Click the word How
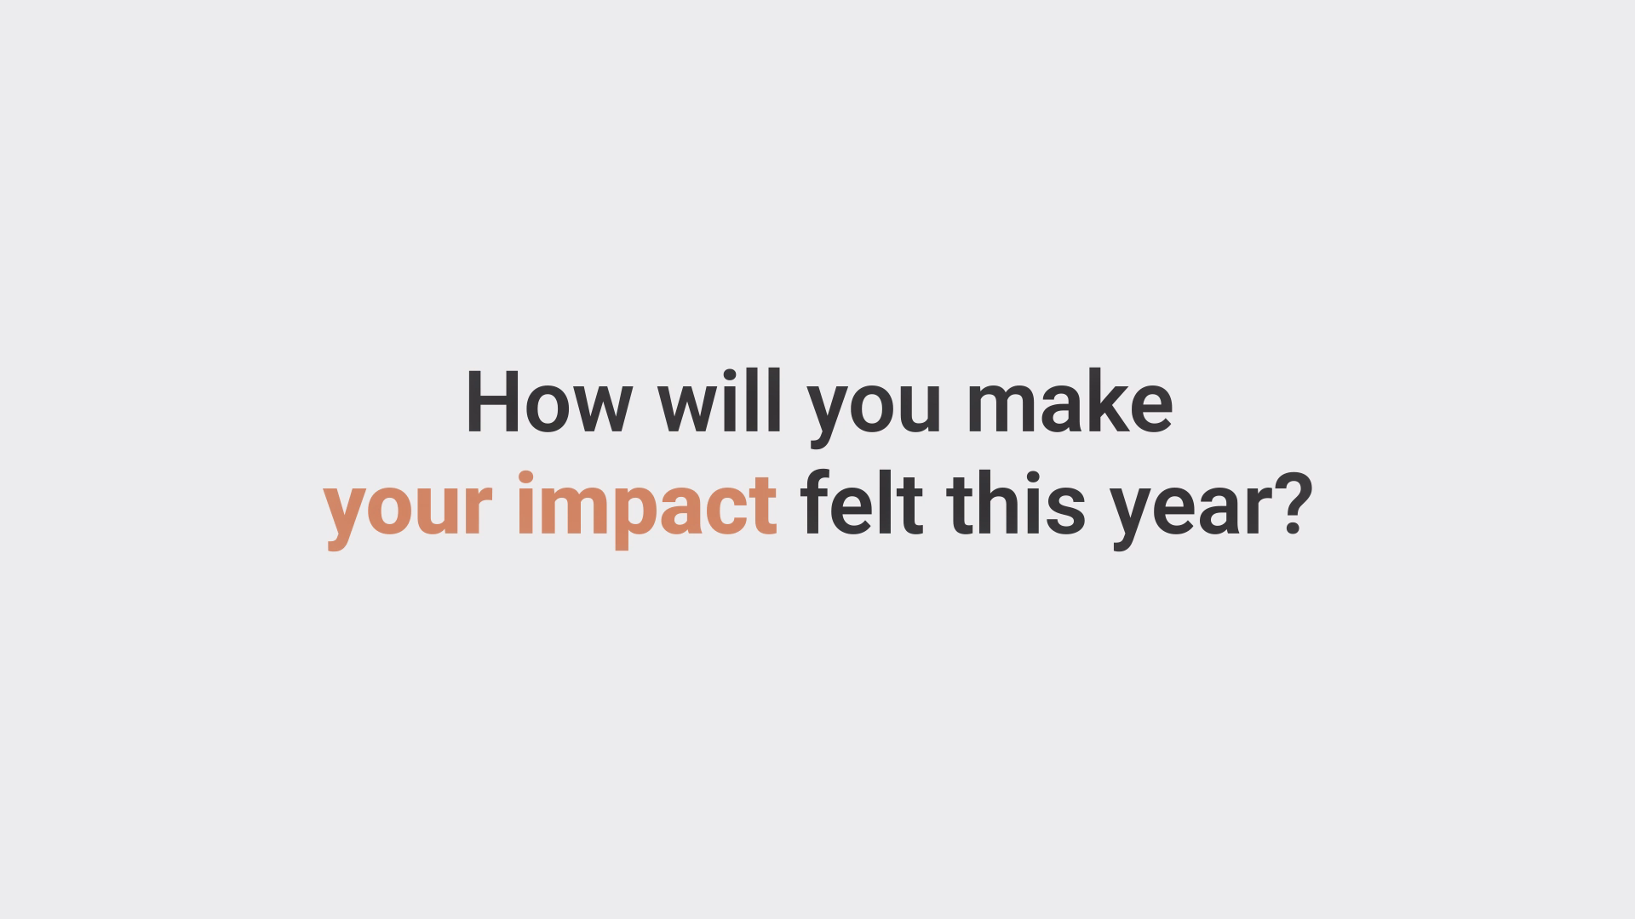[548, 402]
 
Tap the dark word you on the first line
[875, 412]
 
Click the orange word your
[408, 513]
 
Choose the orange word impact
[647, 509]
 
